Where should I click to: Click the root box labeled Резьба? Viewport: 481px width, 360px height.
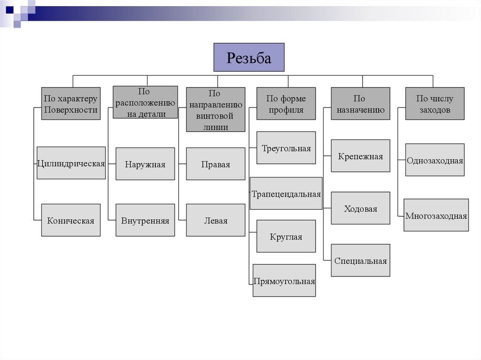(x=249, y=57)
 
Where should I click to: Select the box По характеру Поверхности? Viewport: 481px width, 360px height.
(x=71, y=104)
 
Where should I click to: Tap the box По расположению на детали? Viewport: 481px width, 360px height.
(x=146, y=102)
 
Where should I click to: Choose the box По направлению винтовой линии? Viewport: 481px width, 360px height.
(x=216, y=110)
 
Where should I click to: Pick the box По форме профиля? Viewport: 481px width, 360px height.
(x=286, y=104)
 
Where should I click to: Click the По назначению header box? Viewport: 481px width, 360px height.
(x=360, y=104)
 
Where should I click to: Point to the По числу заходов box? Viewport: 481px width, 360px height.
(x=434, y=104)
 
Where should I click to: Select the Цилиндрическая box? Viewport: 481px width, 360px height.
(x=71, y=163)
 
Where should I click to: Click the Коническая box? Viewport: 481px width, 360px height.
(x=71, y=220)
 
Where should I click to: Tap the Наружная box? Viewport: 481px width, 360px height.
(x=145, y=164)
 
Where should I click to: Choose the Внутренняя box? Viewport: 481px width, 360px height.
(x=145, y=220)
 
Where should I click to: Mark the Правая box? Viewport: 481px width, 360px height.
(x=216, y=164)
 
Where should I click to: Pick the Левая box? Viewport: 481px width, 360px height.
(x=216, y=220)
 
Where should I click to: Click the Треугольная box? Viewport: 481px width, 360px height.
(x=286, y=148)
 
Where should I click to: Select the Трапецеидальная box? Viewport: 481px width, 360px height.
(x=286, y=193)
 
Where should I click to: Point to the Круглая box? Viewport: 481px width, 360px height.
(x=286, y=237)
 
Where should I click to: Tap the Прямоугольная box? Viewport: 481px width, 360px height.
(x=284, y=281)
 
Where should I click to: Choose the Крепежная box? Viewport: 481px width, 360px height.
(x=360, y=156)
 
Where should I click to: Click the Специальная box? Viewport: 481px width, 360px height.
(x=360, y=260)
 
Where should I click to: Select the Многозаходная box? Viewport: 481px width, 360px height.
(x=436, y=215)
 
